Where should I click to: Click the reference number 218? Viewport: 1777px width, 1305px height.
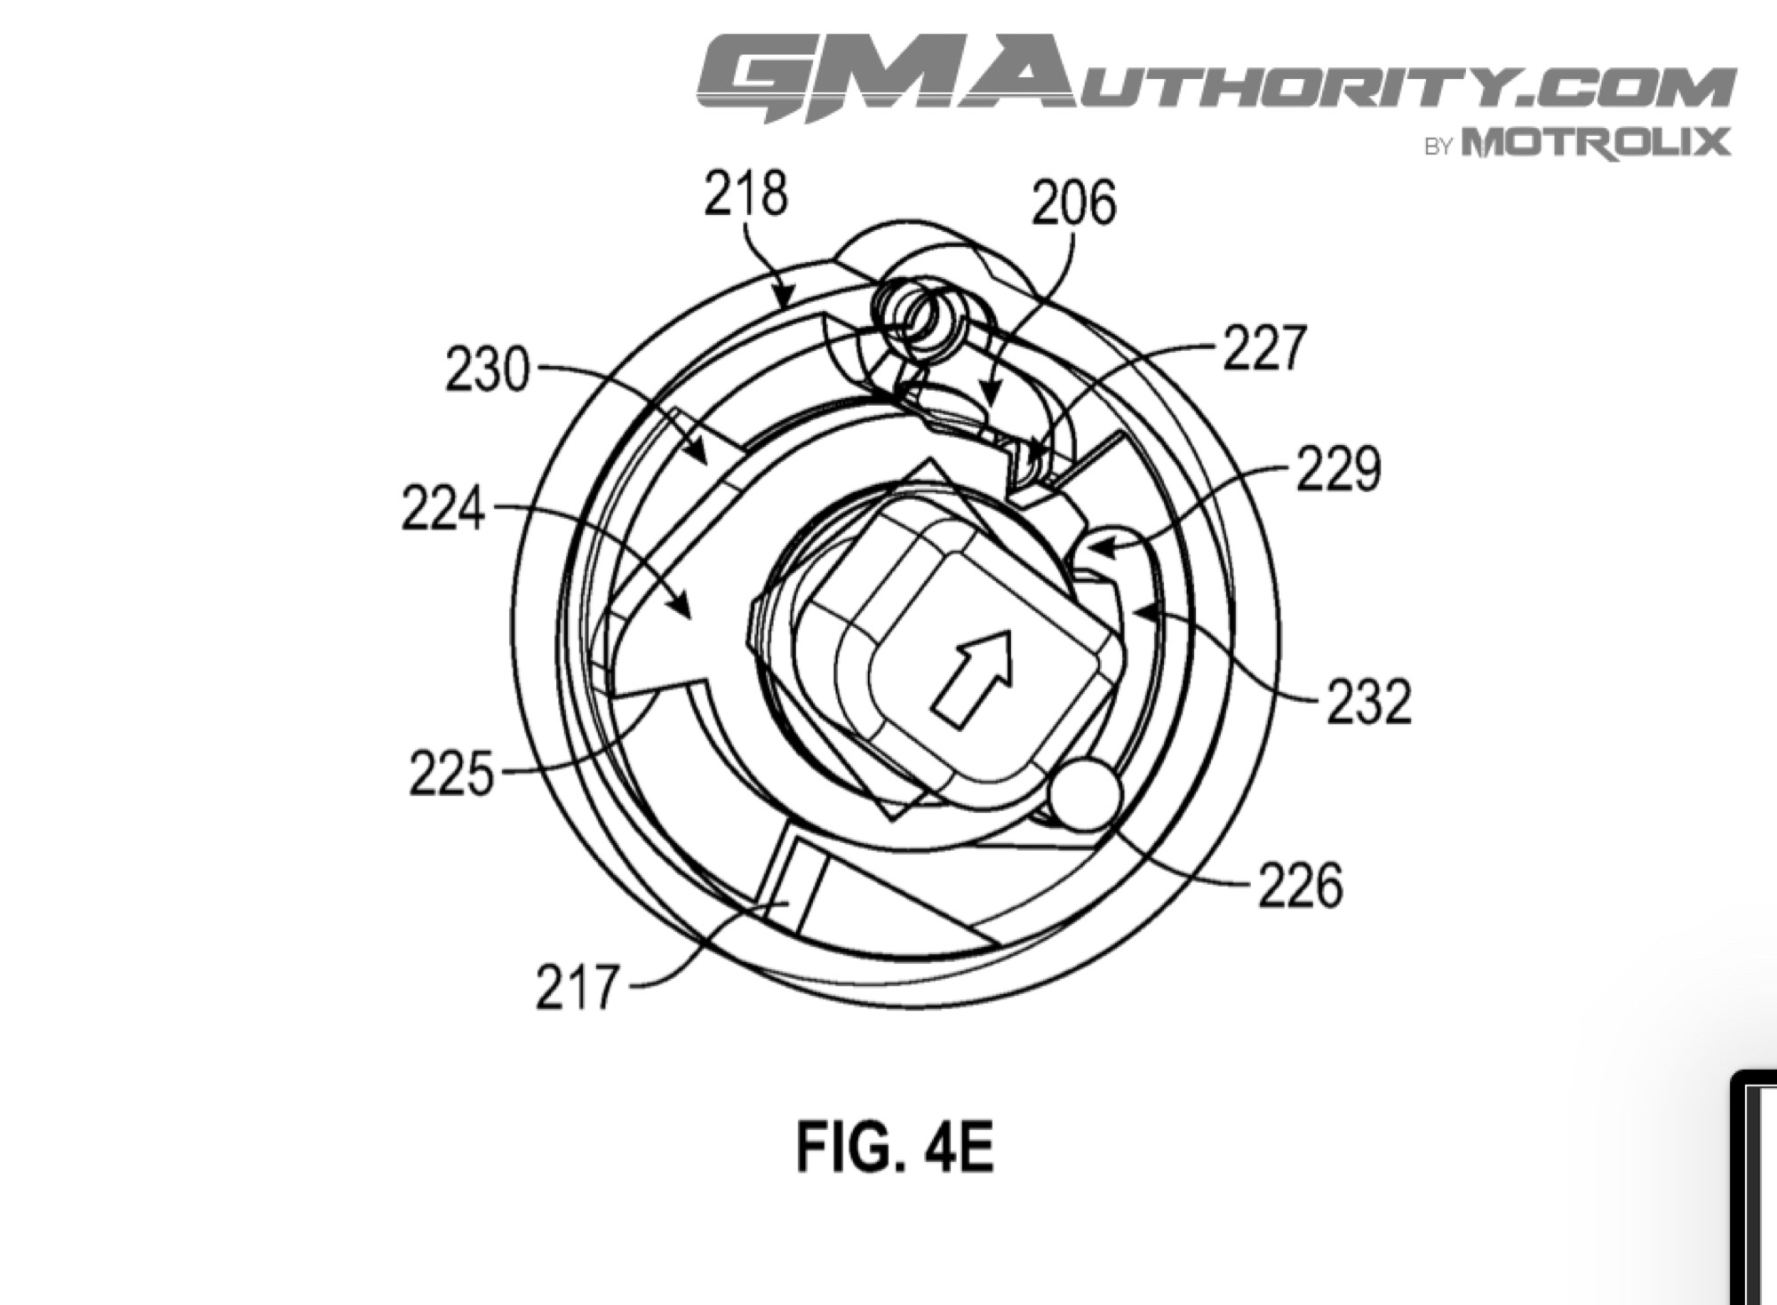pos(745,194)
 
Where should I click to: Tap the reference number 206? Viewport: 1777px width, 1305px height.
pos(1073,203)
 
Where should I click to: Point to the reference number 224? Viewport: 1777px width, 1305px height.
pos(443,509)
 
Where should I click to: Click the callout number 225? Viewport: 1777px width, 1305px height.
pos(450,773)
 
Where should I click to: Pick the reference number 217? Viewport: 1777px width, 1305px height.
pos(576,988)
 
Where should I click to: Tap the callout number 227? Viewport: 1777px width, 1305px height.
pos(1264,347)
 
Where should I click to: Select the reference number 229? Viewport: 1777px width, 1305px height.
pos(1338,468)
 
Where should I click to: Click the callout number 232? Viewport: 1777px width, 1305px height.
pos(1369,702)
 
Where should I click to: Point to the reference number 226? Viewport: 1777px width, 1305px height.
pos(1300,886)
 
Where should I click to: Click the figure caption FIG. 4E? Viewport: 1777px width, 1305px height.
pos(895,1147)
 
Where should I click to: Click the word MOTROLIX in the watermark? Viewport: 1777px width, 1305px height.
pos(1596,143)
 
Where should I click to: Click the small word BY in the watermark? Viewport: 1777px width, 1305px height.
pos(1438,147)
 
